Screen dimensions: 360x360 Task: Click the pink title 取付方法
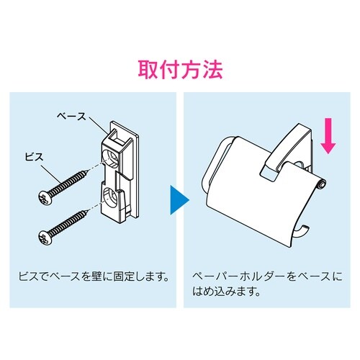click(x=180, y=71)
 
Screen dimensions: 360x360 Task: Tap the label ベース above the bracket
click(x=72, y=117)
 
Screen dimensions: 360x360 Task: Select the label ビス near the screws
click(x=35, y=158)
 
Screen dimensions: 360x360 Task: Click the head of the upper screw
click(x=45, y=197)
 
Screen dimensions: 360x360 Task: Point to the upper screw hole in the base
click(x=111, y=158)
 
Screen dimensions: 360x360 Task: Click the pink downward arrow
click(x=328, y=136)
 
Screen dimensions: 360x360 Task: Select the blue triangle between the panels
click(x=179, y=200)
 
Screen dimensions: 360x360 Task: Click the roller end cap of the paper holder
click(x=323, y=185)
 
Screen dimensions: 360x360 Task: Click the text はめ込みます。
click(x=227, y=292)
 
